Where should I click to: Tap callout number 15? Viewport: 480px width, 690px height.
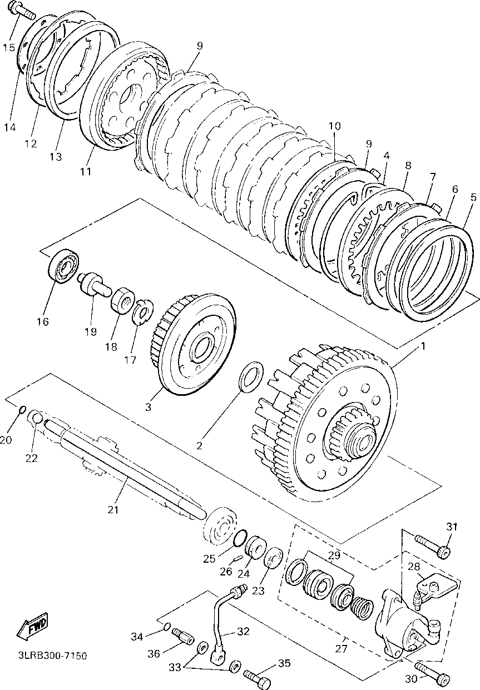click(x=9, y=47)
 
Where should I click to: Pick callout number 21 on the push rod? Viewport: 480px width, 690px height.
click(x=113, y=509)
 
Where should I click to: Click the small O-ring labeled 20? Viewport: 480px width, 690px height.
click(x=22, y=410)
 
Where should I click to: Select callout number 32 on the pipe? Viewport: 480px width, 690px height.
click(x=243, y=632)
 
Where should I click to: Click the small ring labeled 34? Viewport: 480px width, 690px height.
click(x=166, y=628)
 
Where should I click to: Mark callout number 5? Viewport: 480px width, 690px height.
click(x=473, y=197)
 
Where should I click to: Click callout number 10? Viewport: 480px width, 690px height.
click(x=334, y=126)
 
